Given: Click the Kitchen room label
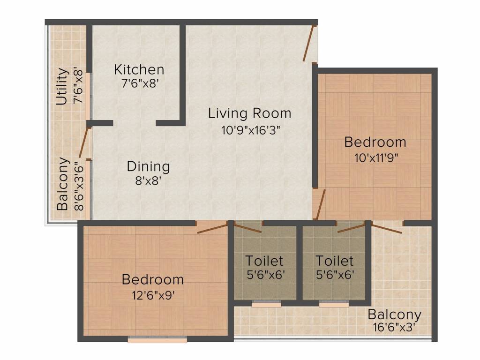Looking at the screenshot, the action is [x=139, y=69].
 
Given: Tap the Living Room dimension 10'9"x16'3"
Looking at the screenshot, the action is [x=251, y=130].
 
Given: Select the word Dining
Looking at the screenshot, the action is [x=149, y=166].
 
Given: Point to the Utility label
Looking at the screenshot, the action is [x=62, y=87].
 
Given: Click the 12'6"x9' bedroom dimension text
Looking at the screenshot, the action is [x=153, y=295].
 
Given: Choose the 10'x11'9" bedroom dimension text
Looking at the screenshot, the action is [x=376, y=158].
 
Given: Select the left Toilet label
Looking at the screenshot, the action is [x=264, y=261].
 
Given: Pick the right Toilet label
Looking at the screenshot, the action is [x=334, y=261].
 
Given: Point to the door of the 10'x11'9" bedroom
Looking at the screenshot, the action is [x=320, y=204].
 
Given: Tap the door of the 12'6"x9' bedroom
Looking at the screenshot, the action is [x=212, y=228].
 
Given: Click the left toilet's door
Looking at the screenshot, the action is [x=247, y=228].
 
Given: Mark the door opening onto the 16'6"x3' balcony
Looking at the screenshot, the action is [x=386, y=229].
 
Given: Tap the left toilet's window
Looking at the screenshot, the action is [x=266, y=304].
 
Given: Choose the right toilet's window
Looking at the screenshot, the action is [x=334, y=304].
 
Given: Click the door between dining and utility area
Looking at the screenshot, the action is [x=83, y=142].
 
